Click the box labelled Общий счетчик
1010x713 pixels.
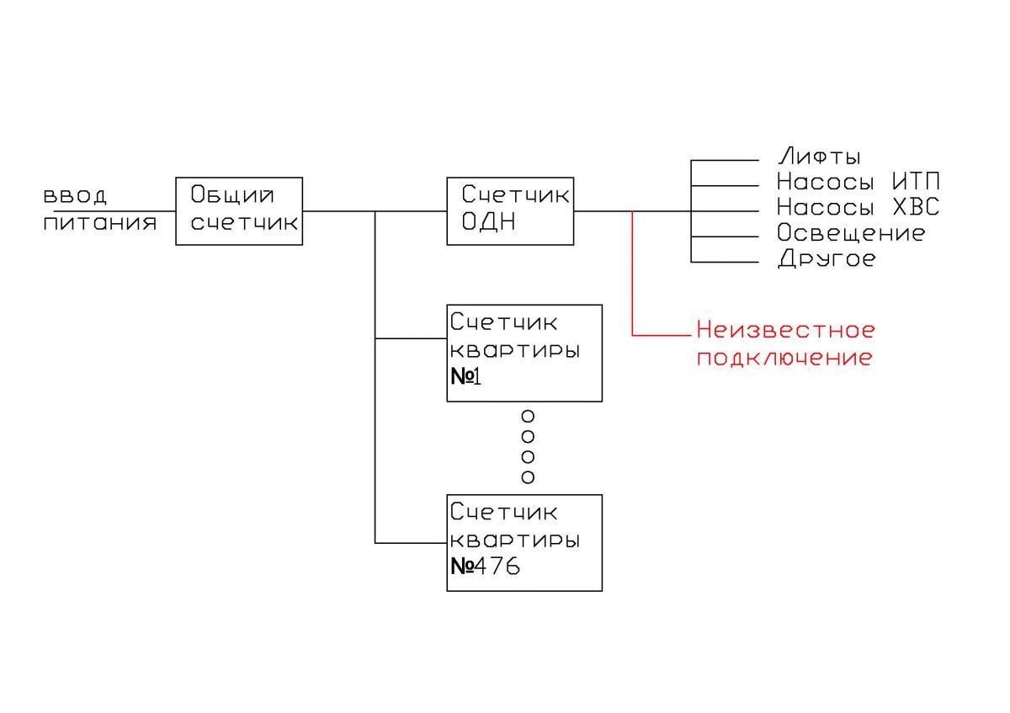(239, 210)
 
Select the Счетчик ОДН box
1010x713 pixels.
(511, 210)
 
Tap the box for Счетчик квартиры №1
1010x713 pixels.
(524, 353)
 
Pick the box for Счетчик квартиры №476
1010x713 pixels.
(524, 543)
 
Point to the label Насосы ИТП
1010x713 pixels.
(858, 182)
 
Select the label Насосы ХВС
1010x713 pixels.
(858, 207)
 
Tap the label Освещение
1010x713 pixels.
(851, 232)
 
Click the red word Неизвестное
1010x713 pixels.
(786, 329)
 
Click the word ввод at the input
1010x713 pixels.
(76, 196)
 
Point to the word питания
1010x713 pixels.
(100, 223)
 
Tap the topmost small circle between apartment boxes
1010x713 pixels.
(529, 416)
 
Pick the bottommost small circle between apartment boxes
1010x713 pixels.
(529, 477)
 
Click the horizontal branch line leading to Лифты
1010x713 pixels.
(724, 160)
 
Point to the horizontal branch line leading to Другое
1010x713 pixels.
(724, 262)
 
